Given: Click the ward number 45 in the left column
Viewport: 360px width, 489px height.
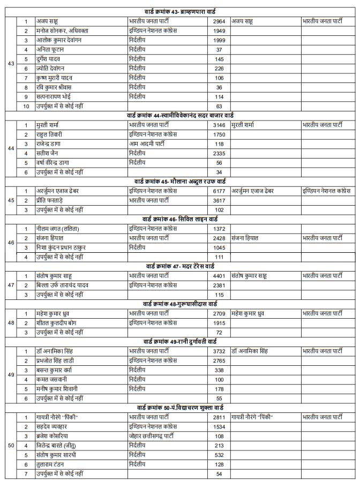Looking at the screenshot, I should [x=11, y=200].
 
